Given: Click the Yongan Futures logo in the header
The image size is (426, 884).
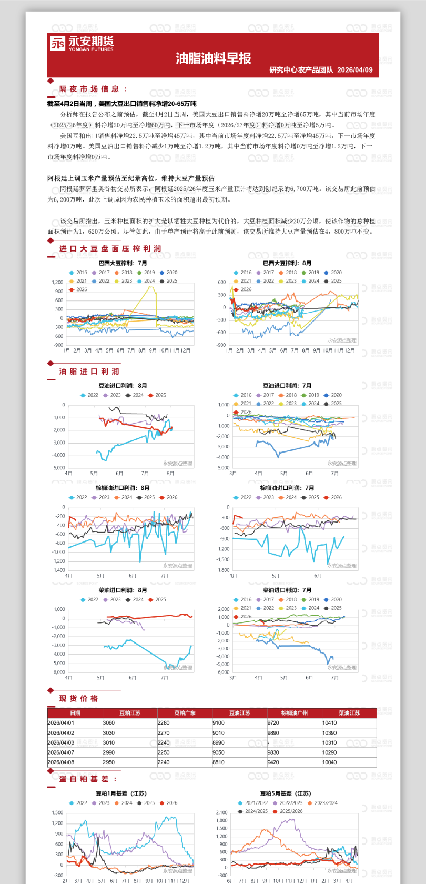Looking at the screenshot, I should [82, 43].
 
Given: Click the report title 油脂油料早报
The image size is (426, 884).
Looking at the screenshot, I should [214, 58].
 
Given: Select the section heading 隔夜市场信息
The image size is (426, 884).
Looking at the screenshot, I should [89, 89].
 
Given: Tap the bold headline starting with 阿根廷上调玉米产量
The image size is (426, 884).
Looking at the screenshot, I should [131, 178].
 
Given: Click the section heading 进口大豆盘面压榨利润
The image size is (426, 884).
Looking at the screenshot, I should [110, 248].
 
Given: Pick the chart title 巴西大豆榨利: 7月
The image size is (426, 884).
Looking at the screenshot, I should [123, 263].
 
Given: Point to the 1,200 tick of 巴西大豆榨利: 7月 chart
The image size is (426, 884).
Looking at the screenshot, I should [57, 283].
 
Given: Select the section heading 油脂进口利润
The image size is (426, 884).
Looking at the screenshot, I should [89, 371].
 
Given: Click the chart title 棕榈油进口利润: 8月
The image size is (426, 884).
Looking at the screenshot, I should [123, 488].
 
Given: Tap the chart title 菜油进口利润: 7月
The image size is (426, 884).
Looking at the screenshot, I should [287, 590].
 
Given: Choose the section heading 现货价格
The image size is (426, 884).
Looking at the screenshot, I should [78, 698].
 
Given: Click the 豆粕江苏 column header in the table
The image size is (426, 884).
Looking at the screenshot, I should [130, 713].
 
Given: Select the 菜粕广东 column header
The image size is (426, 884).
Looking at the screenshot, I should [185, 713].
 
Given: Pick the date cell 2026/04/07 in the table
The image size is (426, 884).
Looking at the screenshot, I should [61, 752].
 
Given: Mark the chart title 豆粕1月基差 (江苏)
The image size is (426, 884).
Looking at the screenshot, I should [121, 793].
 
